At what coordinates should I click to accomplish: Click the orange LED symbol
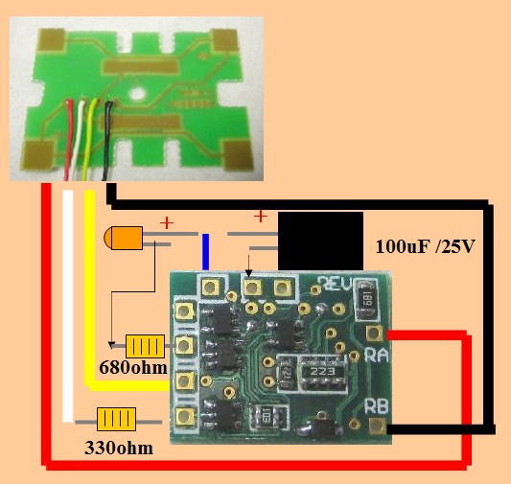(x=124, y=238)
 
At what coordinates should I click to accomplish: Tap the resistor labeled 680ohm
(x=145, y=346)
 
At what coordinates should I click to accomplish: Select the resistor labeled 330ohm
(x=116, y=419)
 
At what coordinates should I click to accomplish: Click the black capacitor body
(x=320, y=241)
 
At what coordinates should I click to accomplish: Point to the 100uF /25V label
(x=426, y=246)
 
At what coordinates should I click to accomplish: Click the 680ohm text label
(x=133, y=368)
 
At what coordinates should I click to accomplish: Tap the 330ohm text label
(x=119, y=449)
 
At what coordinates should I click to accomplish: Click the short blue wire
(x=205, y=252)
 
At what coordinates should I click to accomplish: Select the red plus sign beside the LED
(x=167, y=223)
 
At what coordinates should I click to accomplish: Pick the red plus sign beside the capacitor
(x=261, y=216)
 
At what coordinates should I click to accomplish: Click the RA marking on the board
(x=377, y=356)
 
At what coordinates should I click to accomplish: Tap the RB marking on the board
(x=377, y=406)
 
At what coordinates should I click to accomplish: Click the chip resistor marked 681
(x=366, y=300)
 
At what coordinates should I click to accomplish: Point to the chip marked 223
(x=323, y=372)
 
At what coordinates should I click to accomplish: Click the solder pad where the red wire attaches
(x=375, y=333)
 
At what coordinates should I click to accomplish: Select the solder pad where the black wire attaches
(x=378, y=426)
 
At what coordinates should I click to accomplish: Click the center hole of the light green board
(x=137, y=94)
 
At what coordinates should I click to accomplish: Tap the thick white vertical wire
(x=68, y=306)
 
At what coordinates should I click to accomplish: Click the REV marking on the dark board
(x=336, y=284)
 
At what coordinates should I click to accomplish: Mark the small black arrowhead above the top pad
(x=249, y=273)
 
